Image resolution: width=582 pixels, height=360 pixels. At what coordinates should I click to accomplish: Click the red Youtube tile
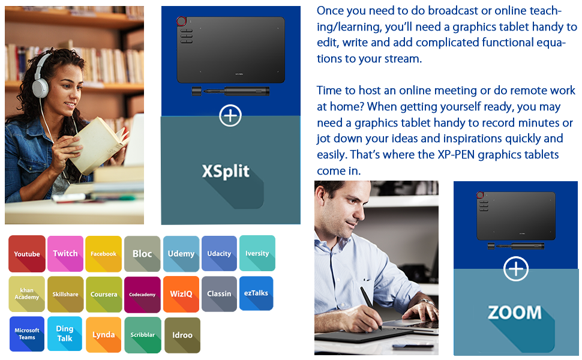27,254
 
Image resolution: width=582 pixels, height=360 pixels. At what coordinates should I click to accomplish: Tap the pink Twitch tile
65,254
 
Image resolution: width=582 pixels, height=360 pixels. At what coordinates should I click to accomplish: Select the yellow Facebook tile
104,254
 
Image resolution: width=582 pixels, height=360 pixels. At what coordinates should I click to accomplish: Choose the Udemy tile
181,254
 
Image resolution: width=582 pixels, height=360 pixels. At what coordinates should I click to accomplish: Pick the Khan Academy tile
27,294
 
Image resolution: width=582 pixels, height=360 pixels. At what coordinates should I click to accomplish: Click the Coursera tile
104,294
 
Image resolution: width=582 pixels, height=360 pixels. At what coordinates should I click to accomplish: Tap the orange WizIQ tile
181,294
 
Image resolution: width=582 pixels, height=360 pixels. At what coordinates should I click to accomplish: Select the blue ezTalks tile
256,293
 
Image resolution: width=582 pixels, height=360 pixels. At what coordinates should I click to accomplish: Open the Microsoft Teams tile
27,334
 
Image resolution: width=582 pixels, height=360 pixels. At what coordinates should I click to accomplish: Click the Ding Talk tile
65,334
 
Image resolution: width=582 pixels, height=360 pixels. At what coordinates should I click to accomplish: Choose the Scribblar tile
143,335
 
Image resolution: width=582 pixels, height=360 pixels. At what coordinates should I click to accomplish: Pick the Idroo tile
182,335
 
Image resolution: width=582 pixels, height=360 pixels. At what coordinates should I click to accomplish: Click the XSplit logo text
226,172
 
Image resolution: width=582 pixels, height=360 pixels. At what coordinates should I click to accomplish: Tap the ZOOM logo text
515,313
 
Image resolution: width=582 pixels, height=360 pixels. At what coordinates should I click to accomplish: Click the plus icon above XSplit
230,115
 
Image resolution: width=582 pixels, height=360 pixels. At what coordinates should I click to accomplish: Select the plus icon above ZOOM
516,269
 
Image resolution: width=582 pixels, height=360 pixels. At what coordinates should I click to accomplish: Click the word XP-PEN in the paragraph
456,154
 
